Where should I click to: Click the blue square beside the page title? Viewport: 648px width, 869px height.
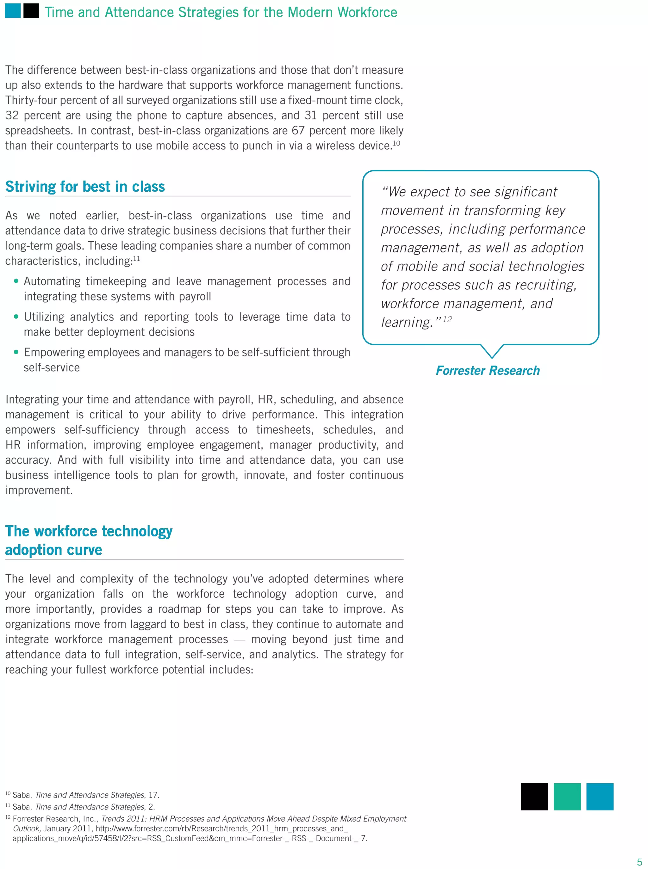(x=13, y=11)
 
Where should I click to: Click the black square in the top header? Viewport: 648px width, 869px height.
(x=31, y=11)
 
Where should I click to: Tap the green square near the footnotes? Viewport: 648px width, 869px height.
(x=567, y=797)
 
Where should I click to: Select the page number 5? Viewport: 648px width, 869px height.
(x=639, y=862)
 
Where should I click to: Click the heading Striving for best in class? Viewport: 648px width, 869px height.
(x=85, y=187)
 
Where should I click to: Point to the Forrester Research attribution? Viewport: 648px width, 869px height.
(x=488, y=370)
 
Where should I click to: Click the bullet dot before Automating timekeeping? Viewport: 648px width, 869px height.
(x=16, y=281)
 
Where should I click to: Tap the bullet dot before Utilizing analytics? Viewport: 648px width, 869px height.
(x=16, y=317)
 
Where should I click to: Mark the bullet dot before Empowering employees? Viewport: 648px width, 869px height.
(x=16, y=352)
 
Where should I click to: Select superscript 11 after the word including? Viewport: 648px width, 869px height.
(x=136, y=258)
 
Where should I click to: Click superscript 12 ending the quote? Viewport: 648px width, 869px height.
(x=447, y=319)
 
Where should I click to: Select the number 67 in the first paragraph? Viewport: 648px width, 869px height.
(x=298, y=131)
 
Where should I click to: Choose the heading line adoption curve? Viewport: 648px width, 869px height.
(x=54, y=550)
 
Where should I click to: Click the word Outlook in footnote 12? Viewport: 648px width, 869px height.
(x=26, y=828)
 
